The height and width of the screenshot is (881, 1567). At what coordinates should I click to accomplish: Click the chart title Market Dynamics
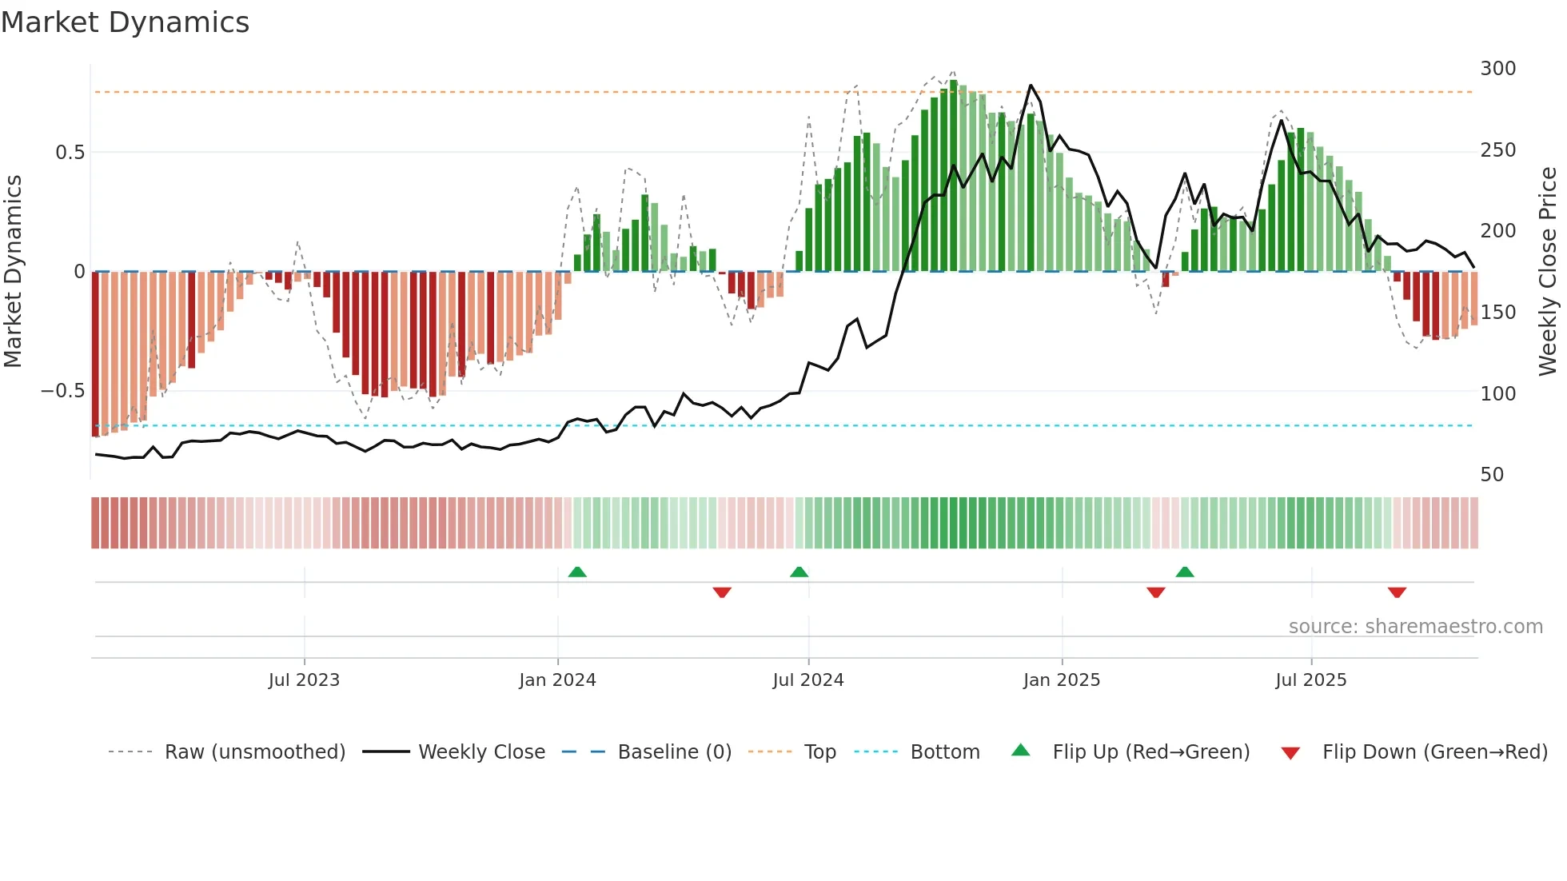click(125, 22)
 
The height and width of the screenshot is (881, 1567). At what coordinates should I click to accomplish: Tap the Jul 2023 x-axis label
click(304, 680)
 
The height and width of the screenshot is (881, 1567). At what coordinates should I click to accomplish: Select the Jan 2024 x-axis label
click(557, 680)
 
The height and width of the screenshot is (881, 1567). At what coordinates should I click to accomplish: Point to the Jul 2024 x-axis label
click(807, 680)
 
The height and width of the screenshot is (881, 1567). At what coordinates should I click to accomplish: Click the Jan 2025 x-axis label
click(1062, 680)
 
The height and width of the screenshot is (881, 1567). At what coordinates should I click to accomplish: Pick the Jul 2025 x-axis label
click(1311, 680)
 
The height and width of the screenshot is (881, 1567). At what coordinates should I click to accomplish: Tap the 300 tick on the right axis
click(1497, 69)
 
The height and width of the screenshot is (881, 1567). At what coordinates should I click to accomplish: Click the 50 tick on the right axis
click(1492, 475)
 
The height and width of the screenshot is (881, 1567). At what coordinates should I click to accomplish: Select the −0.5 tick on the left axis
click(62, 391)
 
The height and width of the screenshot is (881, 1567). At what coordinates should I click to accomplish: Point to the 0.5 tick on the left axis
click(70, 153)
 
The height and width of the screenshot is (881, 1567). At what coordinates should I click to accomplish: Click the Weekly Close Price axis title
click(1548, 272)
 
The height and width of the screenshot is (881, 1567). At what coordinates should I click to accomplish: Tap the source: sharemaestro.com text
click(1415, 627)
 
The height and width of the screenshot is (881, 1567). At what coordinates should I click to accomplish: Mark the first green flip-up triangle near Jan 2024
click(577, 572)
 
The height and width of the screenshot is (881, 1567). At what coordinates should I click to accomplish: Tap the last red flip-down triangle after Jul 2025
click(1397, 592)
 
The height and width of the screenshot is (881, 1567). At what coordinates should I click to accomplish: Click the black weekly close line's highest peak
click(1031, 86)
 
